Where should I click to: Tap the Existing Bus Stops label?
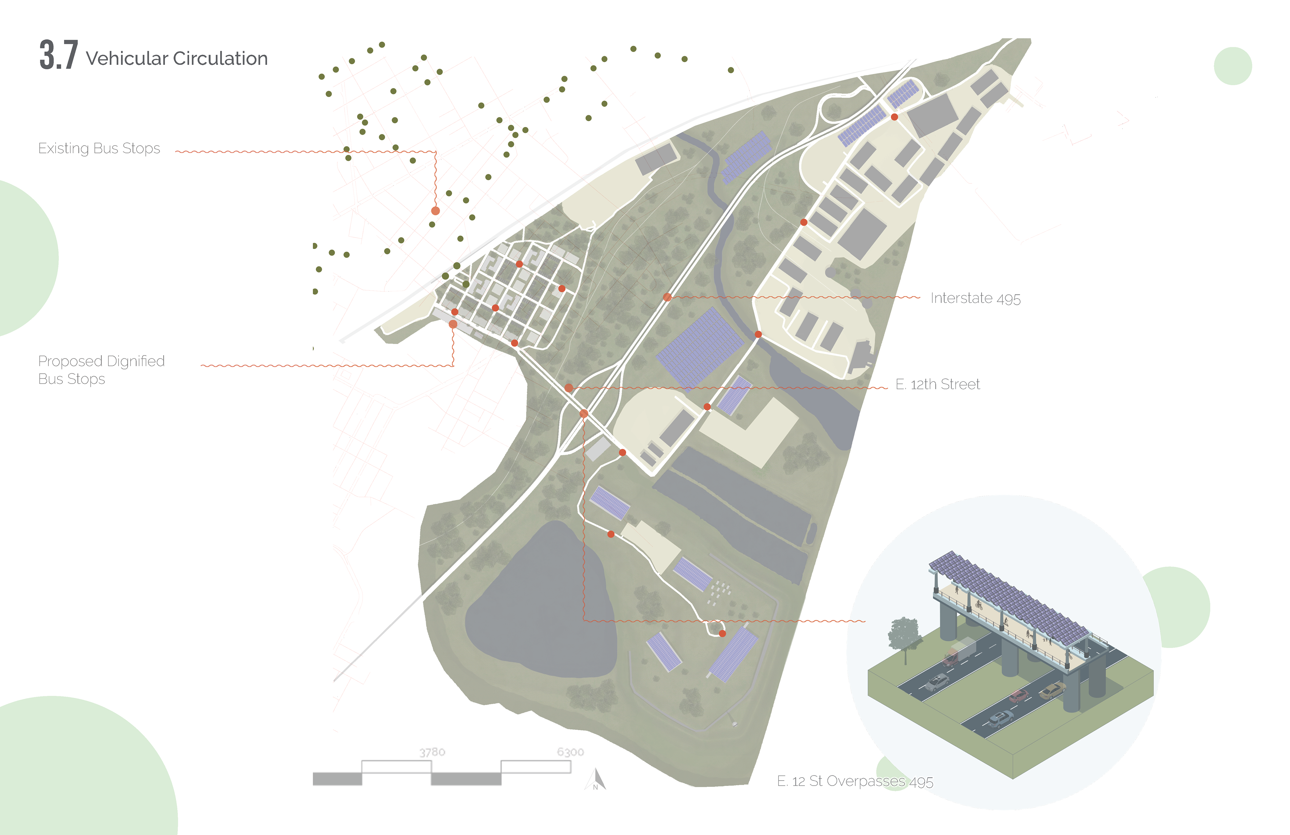click(x=99, y=149)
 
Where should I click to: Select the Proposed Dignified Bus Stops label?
click(x=101, y=370)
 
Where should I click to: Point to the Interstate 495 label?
click(x=975, y=298)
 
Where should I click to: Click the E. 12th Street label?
click(x=938, y=384)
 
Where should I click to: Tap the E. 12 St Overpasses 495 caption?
click(x=855, y=781)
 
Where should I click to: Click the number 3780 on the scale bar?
click(x=432, y=752)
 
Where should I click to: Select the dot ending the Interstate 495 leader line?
click(x=667, y=297)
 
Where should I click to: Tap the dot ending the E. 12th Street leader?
click(x=569, y=388)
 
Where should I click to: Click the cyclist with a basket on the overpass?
click(x=979, y=604)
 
